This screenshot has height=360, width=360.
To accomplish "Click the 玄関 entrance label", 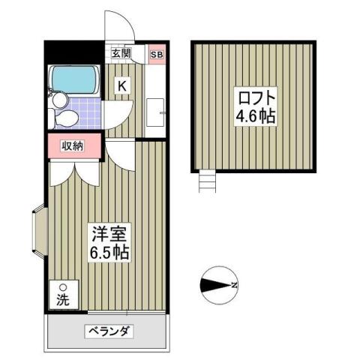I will [x=121, y=53].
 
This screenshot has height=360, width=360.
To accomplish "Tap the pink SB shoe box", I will [x=157, y=53].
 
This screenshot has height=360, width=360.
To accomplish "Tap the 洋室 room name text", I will [x=106, y=233].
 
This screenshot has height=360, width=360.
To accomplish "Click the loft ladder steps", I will [x=207, y=181].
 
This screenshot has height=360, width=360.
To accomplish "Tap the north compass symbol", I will [x=217, y=286].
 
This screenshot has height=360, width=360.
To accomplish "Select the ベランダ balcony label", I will [x=108, y=331].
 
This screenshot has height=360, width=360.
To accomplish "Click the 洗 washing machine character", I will [x=63, y=300].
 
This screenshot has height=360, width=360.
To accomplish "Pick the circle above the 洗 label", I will [x=63, y=287].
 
